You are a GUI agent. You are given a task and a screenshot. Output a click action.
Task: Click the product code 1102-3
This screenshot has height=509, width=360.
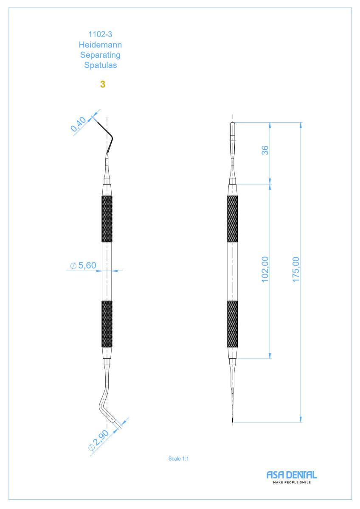(100, 34)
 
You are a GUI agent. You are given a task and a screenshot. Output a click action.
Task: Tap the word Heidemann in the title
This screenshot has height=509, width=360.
(100, 45)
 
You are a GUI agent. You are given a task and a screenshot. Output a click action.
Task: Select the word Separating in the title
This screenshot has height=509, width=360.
(100, 55)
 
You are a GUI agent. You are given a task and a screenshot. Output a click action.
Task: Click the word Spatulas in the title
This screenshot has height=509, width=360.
(101, 65)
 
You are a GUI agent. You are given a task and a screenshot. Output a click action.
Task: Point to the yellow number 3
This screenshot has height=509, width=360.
(103, 84)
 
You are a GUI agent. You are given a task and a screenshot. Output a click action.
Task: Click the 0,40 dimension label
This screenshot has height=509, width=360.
(78, 124)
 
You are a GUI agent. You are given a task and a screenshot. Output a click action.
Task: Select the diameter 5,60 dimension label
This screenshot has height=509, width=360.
(83, 265)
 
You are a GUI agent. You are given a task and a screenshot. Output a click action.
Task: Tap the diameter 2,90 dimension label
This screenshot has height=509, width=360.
(98, 440)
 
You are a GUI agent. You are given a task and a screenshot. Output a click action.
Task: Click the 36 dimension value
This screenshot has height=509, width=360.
(265, 150)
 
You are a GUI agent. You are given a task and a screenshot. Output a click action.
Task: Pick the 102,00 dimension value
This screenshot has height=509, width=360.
(265, 269)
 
